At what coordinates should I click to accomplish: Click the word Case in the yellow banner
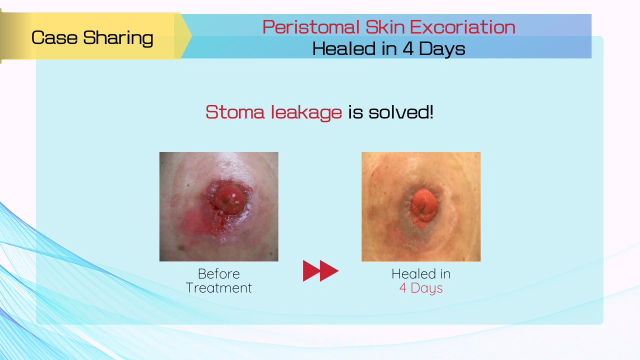(54, 37)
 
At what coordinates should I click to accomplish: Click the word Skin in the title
(385, 27)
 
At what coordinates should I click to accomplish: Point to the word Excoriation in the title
(463, 27)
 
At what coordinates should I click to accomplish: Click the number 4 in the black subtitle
(408, 48)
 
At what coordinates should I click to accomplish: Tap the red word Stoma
(235, 112)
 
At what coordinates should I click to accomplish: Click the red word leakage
(306, 112)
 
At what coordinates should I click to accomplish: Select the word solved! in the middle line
(401, 111)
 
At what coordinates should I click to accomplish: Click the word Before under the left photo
(219, 274)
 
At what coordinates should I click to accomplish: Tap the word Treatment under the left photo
(219, 287)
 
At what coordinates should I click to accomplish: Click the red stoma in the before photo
(228, 199)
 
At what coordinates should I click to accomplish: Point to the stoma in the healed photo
(424, 205)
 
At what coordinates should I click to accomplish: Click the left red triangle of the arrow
(311, 270)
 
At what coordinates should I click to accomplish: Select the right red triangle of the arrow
(329, 270)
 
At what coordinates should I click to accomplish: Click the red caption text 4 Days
(421, 288)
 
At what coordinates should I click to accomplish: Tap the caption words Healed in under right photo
(421, 274)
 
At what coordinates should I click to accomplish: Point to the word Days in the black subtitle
(442, 49)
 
